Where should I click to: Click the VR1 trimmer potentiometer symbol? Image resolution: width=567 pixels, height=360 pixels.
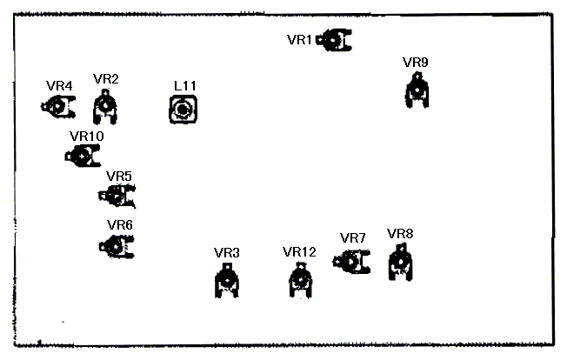(334, 40)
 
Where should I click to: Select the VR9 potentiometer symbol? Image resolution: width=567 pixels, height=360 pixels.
(417, 90)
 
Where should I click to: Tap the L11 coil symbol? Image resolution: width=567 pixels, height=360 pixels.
(183, 110)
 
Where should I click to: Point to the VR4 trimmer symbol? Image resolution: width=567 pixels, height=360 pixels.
(58, 107)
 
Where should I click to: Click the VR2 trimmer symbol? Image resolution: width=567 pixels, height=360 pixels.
(105, 107)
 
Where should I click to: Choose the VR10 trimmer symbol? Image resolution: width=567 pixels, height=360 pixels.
(83, 156)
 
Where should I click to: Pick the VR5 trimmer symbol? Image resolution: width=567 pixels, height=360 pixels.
(117, 196)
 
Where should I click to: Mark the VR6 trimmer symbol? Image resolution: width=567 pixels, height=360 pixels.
(117, 247)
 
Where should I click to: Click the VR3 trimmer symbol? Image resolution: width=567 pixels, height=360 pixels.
(227, 281)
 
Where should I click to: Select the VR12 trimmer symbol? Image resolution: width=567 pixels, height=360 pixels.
(301, 281)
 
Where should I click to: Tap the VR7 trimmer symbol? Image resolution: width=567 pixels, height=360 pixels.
(351, 262)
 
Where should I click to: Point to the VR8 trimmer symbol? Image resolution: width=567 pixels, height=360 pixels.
(401, 262)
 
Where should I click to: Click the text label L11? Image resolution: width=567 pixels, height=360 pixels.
(185, 86)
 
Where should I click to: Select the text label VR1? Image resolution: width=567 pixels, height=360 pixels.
(299, 40)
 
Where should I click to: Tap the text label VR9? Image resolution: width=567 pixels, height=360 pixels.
(416, 63)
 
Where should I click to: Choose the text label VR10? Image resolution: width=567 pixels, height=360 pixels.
(87, 137)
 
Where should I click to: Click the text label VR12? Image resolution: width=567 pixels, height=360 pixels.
(299, 252)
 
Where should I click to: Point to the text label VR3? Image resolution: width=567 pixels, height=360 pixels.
(227, 253)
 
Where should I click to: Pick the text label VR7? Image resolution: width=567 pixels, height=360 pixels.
(353, 238)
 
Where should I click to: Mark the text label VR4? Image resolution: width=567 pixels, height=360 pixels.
(59, 86)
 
